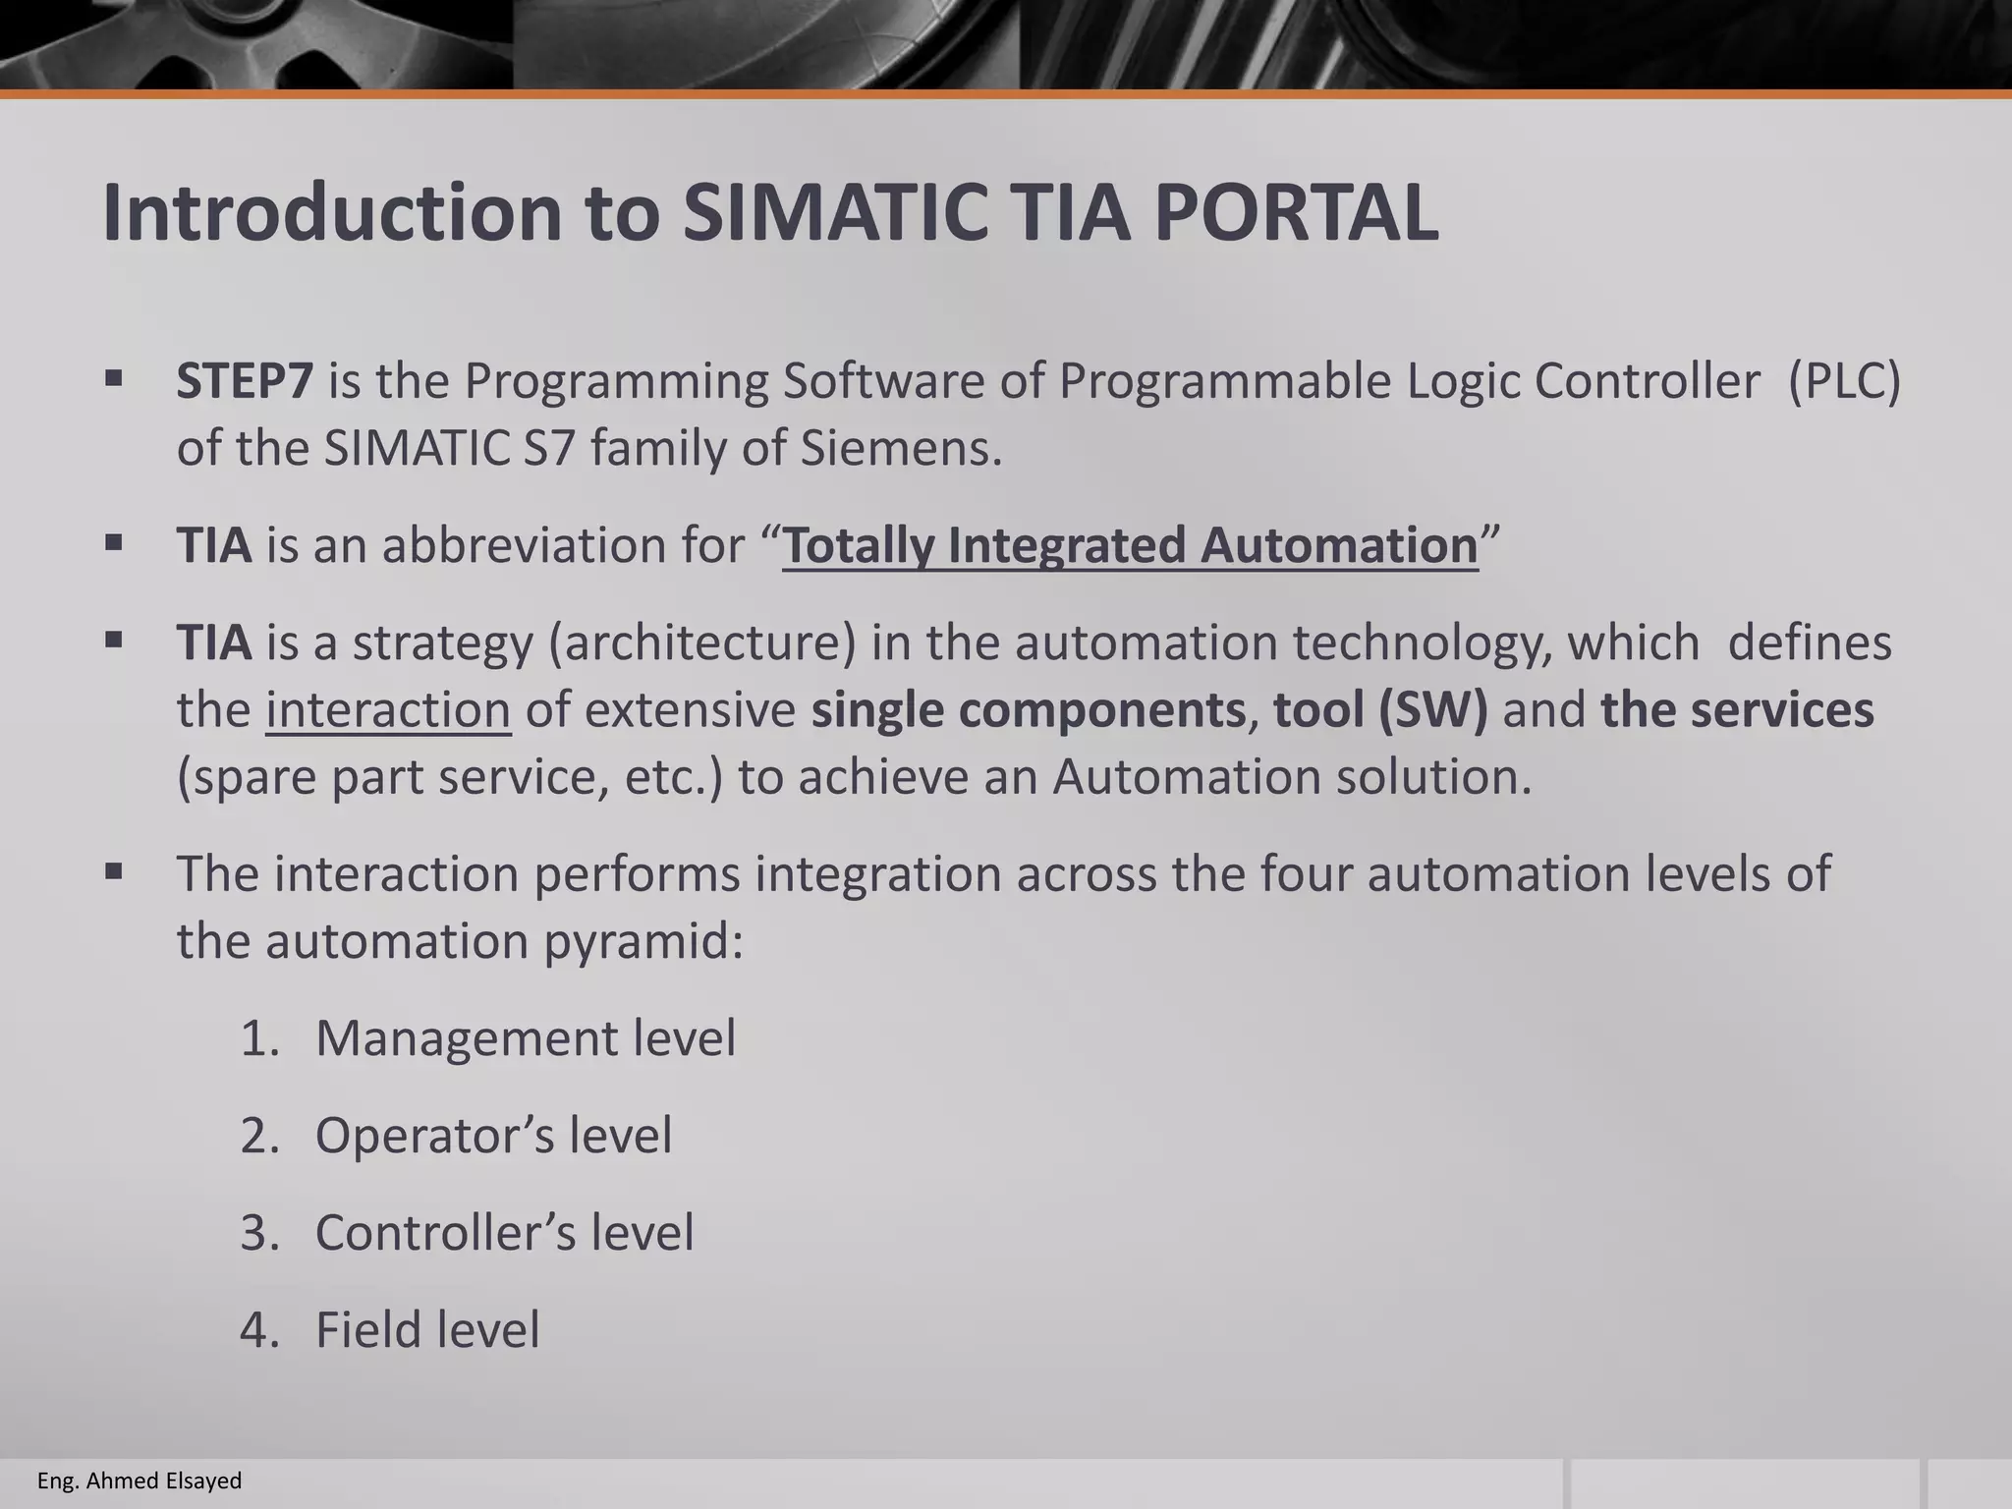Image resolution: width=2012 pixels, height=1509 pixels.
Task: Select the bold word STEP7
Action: coord(245,381)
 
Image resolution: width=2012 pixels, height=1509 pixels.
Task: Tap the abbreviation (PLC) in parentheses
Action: coord(1844,381)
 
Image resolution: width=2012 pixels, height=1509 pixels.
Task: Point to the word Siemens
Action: coord(901,449)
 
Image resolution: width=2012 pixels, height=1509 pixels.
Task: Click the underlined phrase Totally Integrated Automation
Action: coord(1130,545)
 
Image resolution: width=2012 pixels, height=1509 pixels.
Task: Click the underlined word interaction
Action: coord(388,710)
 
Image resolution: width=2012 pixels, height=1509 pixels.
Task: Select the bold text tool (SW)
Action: coord(1380,710)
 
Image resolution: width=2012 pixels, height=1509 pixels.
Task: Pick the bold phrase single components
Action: coord(1028,710)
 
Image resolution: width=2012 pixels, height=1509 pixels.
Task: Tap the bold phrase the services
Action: coord(1737,710)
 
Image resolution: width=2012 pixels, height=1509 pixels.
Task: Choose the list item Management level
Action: coord(525,1038)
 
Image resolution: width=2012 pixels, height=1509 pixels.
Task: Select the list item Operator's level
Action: coord(493,1136)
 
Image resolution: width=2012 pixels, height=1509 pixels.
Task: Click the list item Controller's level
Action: coord(504,1233)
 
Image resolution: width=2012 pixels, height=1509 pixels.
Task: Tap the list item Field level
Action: coord(427,1330)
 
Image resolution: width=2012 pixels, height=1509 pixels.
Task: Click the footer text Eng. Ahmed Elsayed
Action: coord(140,1481)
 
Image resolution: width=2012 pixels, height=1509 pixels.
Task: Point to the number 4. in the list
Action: coord(260,1330)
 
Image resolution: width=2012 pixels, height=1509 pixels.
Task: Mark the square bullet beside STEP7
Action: coord(114,377)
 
